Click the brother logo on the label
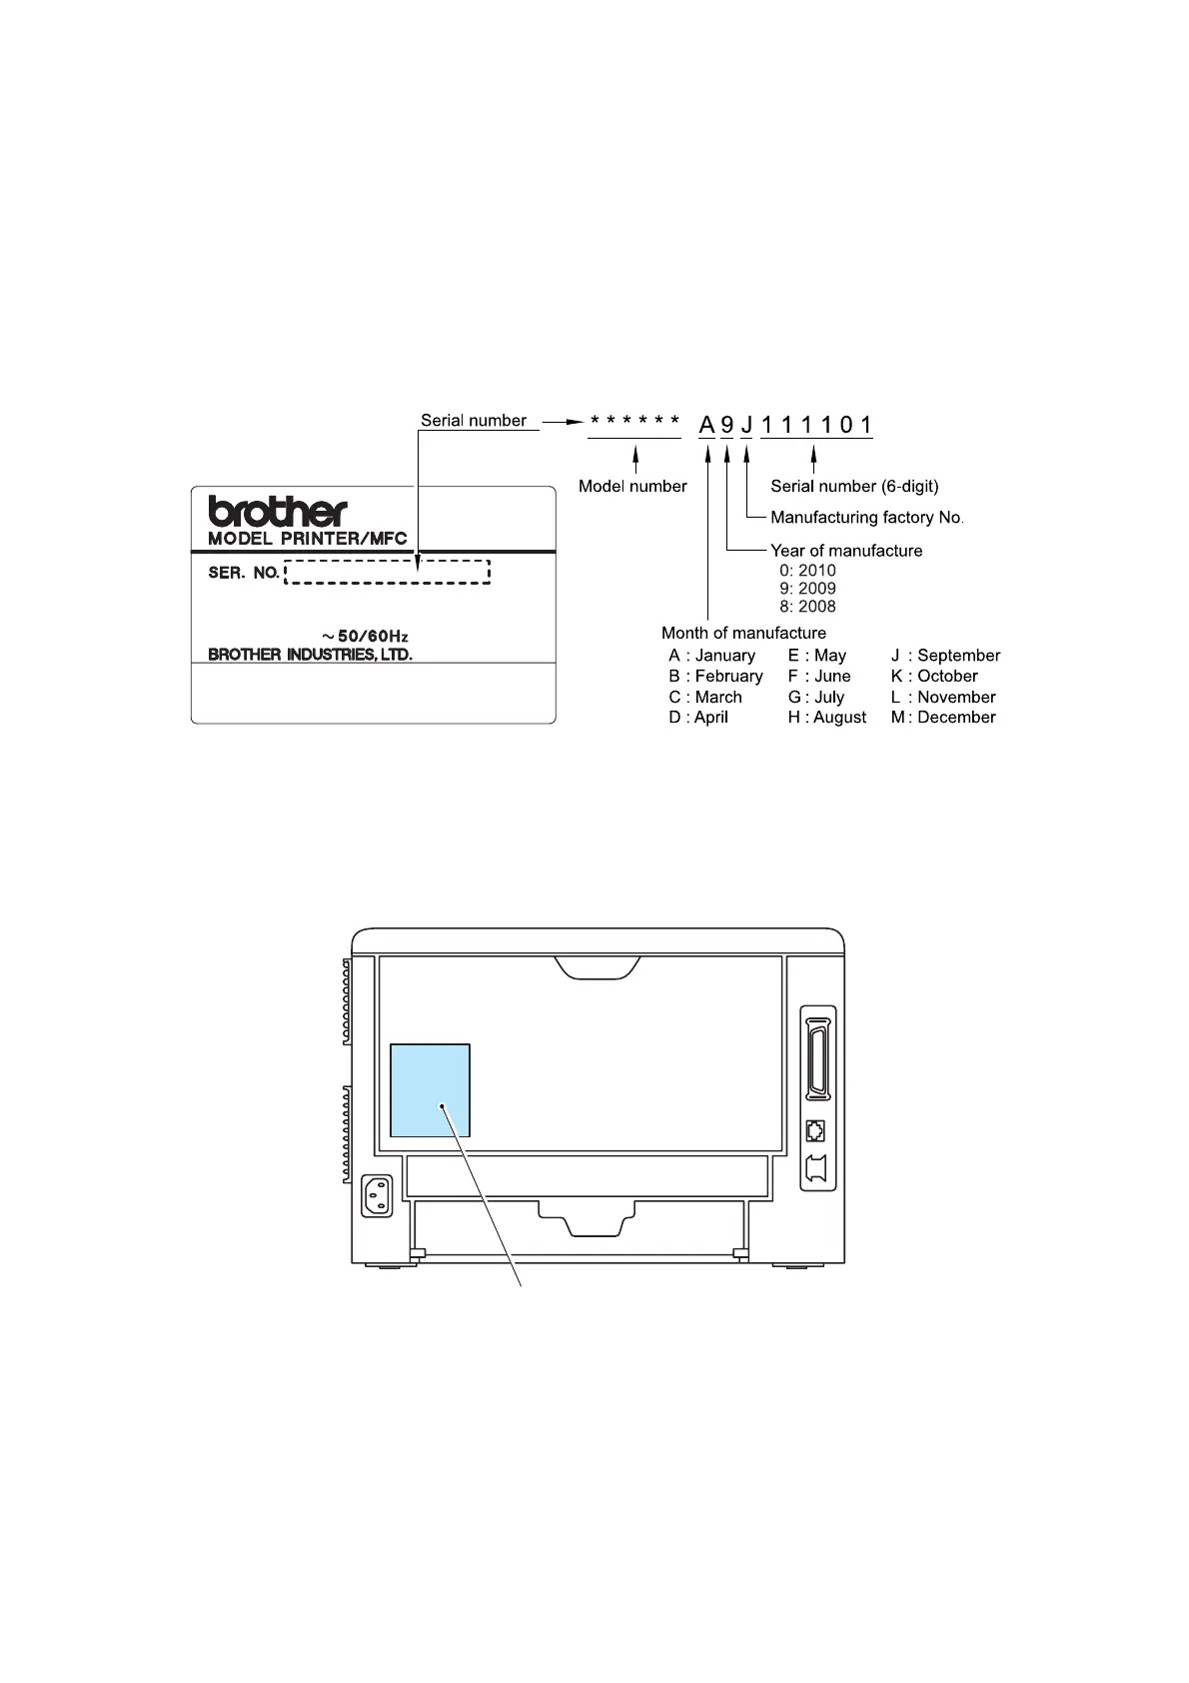[x=277, y=512]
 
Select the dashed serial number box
[x=388, y=573]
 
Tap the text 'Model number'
[x=632, y=487]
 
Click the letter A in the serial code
[x=706, y=425]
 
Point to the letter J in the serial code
[x=746, y=425]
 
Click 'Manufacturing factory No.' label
[x=866, y=518]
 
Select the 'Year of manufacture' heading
[x=846, y=551]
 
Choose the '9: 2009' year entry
[x=807, y=589]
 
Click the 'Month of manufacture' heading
[x=743, y=633]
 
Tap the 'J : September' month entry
[x=945, y=656]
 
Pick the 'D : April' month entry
[x=698, y=718]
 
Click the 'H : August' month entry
[x=827, y=718]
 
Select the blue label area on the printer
[x=430, y=1090]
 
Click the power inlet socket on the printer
[x=376, y=1195]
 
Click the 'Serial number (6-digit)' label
[x=854, y=487]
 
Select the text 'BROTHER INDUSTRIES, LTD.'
[x=310, y=656]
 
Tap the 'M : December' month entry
[x=943, y=718]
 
